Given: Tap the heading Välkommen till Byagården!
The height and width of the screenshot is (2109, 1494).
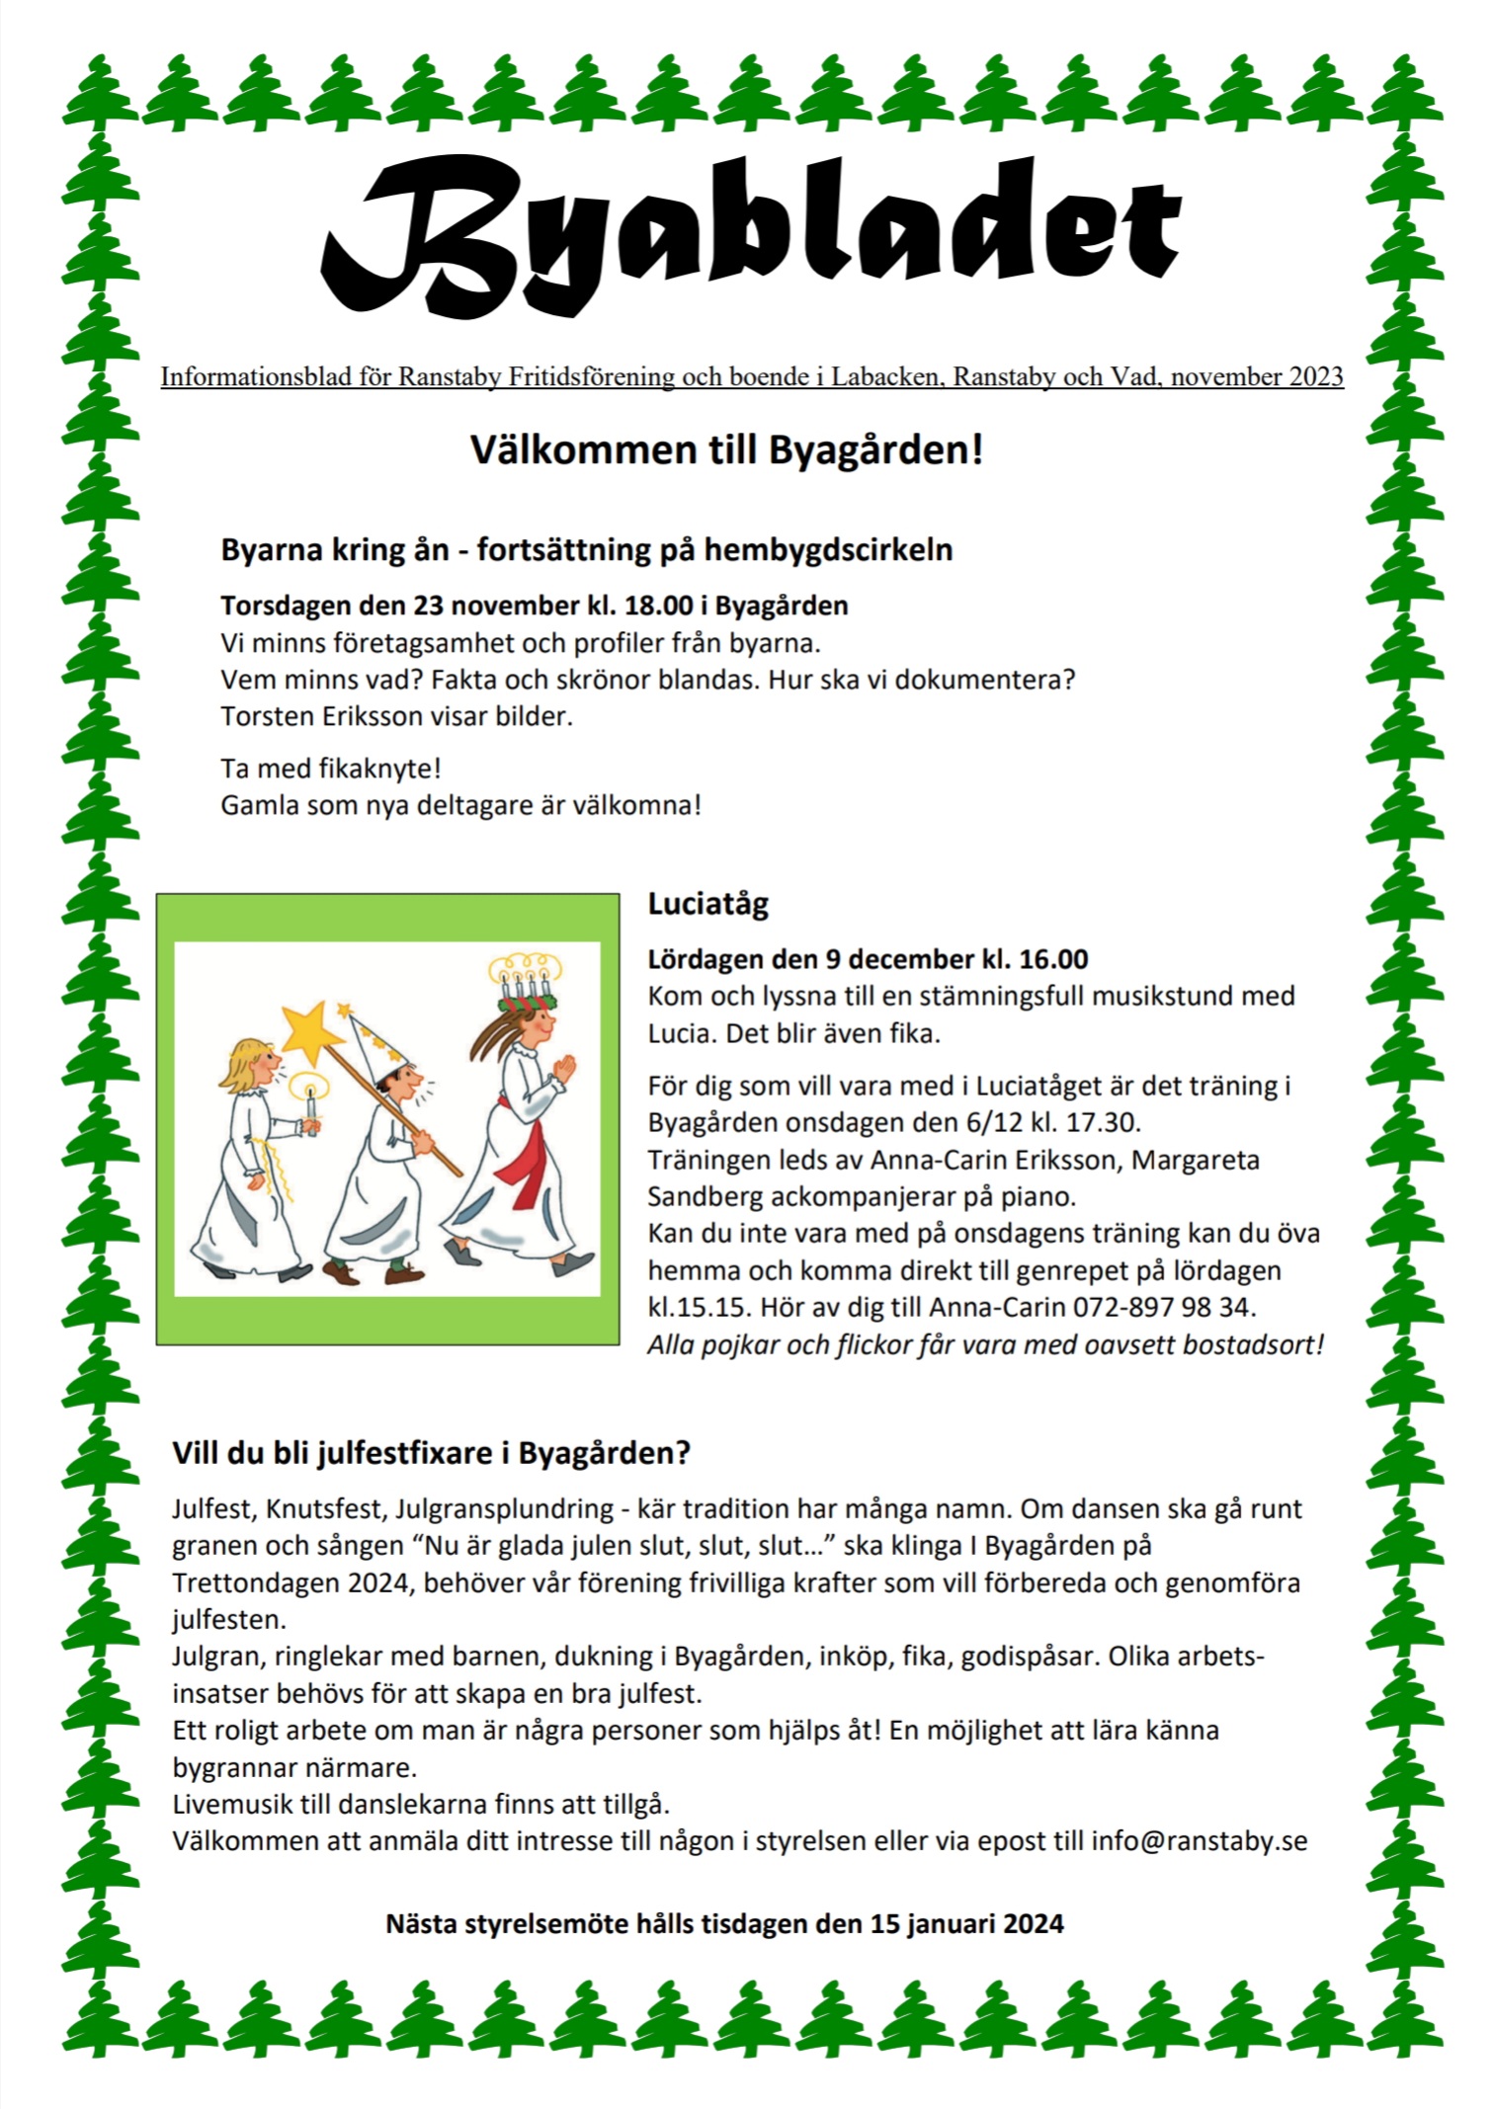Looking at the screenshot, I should (x=726, y=450).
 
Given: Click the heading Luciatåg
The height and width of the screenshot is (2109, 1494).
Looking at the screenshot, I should (x=707, y=904).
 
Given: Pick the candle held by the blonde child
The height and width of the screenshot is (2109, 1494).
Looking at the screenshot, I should (x=311, y=1107).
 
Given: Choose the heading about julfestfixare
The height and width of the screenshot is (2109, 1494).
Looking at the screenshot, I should (x=431, y=1453).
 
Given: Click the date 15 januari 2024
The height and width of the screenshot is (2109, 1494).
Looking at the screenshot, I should (x=966, y=1923).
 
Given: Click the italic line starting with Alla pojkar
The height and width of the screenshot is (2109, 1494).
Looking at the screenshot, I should (x=985, y=1344).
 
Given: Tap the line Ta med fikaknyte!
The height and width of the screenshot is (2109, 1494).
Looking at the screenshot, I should (x=331, y=769).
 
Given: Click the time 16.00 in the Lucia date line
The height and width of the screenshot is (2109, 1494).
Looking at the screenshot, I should (x=1053, y=959).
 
